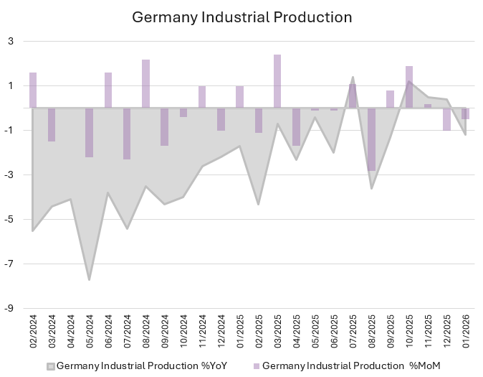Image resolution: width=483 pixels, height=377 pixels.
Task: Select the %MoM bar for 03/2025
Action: [277, 81]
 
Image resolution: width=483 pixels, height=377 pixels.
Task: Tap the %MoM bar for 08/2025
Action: [371, 139]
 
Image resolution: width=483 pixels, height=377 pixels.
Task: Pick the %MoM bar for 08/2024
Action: [145, 84]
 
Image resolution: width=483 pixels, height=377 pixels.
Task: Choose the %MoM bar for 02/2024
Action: [33, 90]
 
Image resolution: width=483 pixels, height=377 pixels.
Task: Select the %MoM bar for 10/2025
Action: [409, 87]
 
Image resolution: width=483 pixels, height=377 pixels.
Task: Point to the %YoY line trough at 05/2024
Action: [90, 279]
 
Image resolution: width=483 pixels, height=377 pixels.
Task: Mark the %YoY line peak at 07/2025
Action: [353, 78]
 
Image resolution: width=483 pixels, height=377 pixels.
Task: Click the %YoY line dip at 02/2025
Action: [259, 205]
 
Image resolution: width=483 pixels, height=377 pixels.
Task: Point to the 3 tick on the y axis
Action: [11, 42]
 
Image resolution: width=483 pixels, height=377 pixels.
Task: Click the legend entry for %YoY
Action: [139, 366]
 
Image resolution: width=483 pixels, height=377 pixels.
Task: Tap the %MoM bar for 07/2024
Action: [127, 134]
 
